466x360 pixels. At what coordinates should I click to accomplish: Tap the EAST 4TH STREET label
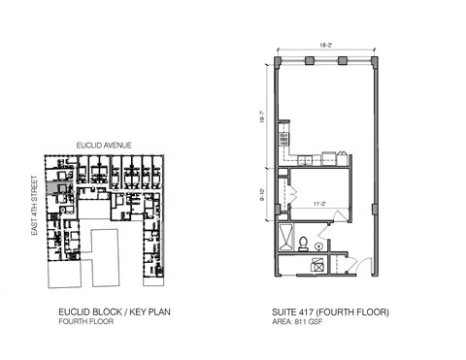coord(34,206)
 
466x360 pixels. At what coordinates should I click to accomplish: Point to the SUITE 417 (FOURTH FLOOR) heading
coord(330,312)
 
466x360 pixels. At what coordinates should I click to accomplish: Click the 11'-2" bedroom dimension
coord(316,204)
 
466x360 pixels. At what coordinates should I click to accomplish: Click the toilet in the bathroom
coord(303,244)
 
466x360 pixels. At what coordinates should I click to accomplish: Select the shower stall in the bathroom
coord(284,235)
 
